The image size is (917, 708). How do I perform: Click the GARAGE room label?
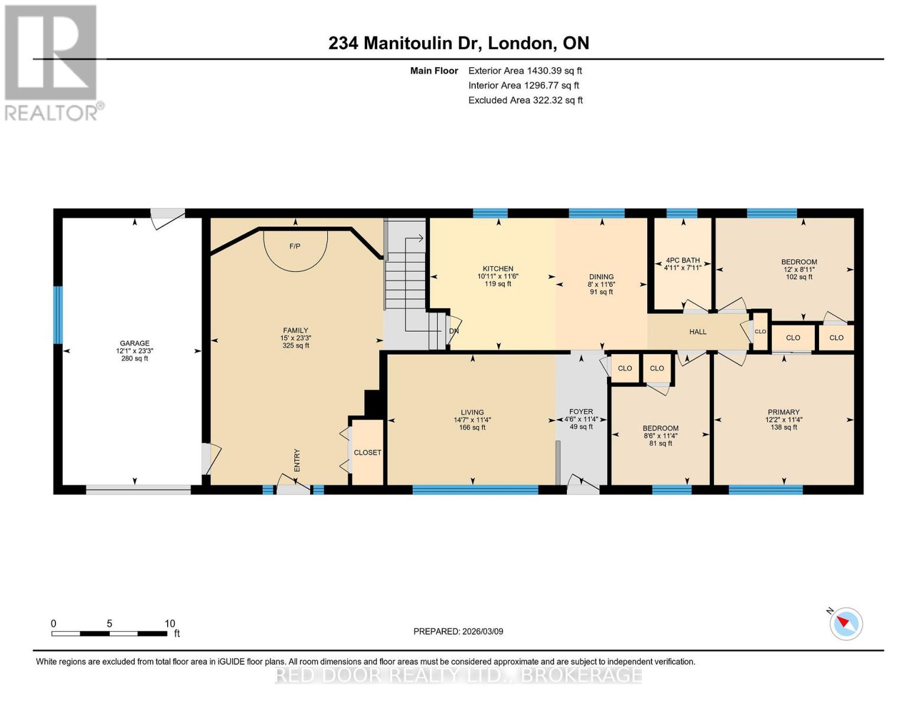134,343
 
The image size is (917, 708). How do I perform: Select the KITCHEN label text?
498,268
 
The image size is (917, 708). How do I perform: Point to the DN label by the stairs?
453,331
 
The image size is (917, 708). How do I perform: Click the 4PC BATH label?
683,260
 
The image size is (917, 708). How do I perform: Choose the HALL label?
697,332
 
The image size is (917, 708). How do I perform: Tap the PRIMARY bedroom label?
784,412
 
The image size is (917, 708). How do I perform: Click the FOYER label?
581,412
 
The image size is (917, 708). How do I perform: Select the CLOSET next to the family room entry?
367,453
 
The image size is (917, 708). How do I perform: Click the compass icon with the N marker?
846,624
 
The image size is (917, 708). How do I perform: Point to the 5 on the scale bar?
109,624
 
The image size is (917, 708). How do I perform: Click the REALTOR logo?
52,62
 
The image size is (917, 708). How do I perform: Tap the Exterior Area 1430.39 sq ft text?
525,71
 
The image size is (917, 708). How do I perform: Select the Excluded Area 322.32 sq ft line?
525,100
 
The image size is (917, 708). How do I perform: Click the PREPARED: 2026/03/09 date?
458,631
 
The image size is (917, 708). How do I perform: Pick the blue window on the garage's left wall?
58,314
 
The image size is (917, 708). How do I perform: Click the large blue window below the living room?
475,489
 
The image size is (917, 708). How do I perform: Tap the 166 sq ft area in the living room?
472,428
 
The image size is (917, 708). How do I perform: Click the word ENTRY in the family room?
297,460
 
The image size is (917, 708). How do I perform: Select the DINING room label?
601,277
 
